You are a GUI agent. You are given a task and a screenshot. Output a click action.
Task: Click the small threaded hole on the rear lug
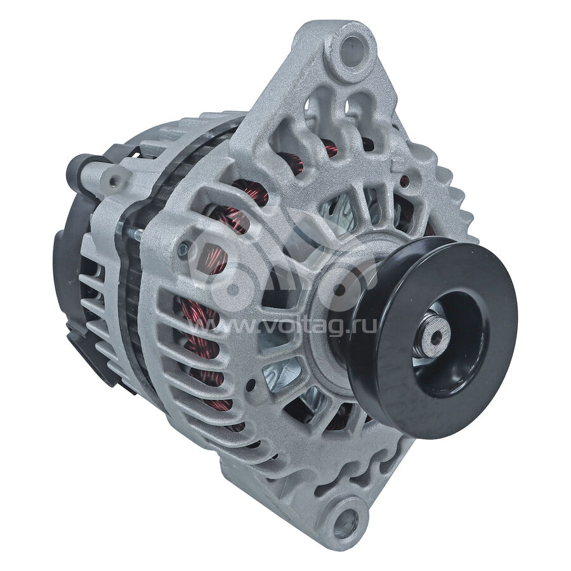pyautogui.click(x=115, y=180)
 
